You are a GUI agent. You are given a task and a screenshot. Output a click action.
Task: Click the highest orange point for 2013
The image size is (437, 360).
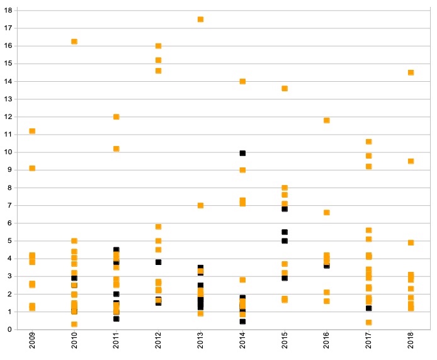coord(200,20)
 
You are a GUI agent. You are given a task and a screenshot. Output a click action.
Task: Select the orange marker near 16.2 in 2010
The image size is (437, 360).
coord(74,42)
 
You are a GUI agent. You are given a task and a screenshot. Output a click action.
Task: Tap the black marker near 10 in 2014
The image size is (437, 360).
coord(242,153)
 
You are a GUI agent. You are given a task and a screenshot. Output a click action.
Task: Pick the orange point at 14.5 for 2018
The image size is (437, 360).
coord(411,72)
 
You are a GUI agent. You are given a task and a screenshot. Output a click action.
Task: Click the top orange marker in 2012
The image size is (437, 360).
coord(158,46)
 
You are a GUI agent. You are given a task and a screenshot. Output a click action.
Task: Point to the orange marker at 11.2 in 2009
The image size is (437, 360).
coord(32,131)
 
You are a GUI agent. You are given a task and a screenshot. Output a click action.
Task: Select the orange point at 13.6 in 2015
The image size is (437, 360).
coord(285,88)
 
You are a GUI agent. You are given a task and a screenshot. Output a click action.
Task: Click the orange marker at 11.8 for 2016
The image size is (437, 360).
coord(326,120)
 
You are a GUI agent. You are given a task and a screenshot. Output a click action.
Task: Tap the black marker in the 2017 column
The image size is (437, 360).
coord(368,308)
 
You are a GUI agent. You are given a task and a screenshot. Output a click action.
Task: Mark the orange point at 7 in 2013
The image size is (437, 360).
coord(200,205)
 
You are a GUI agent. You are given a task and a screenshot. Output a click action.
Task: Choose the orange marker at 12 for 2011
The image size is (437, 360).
coord(116,116)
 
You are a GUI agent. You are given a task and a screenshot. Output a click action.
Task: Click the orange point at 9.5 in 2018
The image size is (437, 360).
coord(411,161)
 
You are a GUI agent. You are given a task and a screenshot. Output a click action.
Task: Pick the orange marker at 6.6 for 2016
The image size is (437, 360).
coord(326,212)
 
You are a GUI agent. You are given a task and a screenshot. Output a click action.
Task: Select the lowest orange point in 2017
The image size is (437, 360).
coord(368,322)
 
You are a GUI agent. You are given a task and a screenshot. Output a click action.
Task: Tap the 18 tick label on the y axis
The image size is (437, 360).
coord(9,11)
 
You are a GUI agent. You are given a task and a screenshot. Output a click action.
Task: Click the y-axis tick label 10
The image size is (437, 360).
coord(9,152)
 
